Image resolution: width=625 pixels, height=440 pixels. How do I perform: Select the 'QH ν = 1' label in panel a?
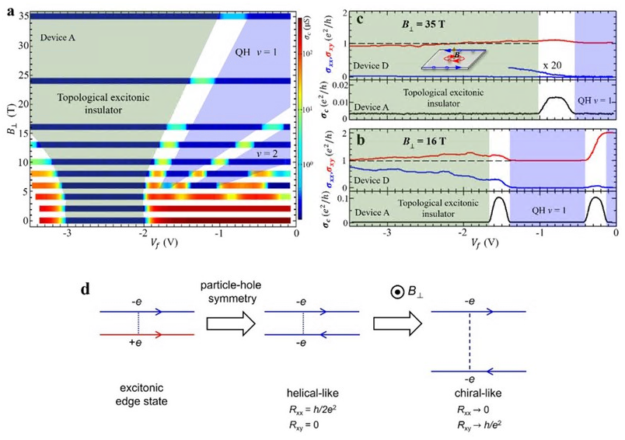tap(255, 53)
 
